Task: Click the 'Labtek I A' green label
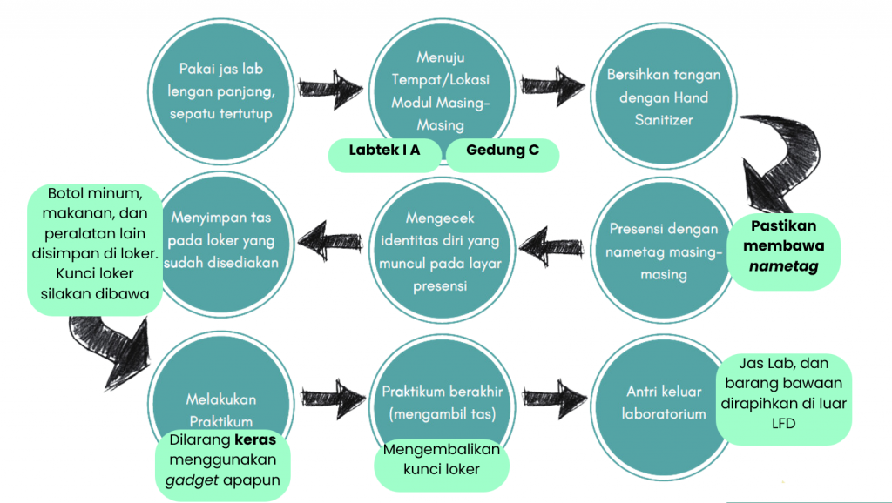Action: click(384, 151)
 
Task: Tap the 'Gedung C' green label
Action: click(502, 151)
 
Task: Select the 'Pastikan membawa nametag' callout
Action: click(785, 246)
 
